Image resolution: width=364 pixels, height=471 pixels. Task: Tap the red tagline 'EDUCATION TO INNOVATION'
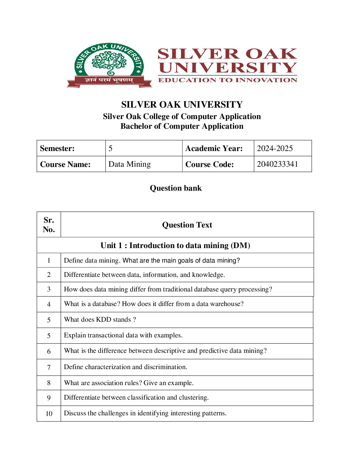click(x=228, y=80)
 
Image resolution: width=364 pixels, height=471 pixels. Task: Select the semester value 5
click(x=110, y=148)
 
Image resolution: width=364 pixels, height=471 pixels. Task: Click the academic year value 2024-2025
click(x=275, y=148)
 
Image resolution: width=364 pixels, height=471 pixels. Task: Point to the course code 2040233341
click(x=277, y=164)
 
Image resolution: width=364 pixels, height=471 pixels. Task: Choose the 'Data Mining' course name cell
click(x=130, y=164)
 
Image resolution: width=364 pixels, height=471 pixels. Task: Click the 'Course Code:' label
click(x=210, y=164)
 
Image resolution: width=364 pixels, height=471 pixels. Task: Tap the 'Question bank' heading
click(x=176, y=188)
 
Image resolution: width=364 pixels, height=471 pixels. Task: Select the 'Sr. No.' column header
click(x=49, y=225)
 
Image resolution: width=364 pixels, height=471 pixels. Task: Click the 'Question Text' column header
click(x=187, y=225)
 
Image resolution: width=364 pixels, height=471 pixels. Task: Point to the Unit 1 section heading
click(x=175, y=245)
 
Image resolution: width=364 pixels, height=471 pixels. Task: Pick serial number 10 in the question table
click(x=49, y=414)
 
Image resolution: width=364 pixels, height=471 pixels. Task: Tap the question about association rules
click(x=128, y=383)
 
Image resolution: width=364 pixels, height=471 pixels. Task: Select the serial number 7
click(x=49, y=367)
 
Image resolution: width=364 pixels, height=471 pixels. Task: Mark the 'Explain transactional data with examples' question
click(x=123, y=335)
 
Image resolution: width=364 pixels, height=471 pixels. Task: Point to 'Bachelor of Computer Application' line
click(x=182, y=126)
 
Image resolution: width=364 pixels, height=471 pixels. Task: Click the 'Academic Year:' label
click(x=214, y=148)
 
